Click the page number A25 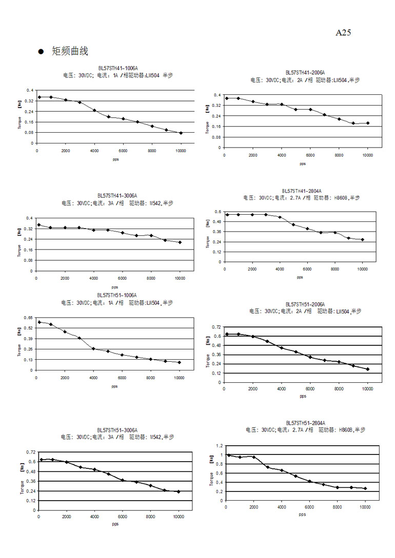pos(343,33)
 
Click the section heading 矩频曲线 pos(70,51)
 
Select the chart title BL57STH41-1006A pos(118,68)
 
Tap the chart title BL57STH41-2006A pos(305,73)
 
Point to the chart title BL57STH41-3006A pos(117,196)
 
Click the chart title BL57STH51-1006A pos(117,295)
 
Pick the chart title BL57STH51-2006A pos(305,304)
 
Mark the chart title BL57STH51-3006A pos(117,430)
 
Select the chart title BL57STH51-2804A pos(305,423)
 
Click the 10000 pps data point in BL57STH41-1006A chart pos(181,133)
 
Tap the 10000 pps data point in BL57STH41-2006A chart pos(368,123)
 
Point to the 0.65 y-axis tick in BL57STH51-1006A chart pos(28,318)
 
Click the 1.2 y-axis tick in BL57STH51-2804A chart pos(219,446)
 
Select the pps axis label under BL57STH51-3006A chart pos(114,524)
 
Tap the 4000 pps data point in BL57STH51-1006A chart pos(93,348)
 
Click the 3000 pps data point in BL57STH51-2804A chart pos(268,467)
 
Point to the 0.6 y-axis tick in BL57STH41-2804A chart pos(218,212)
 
